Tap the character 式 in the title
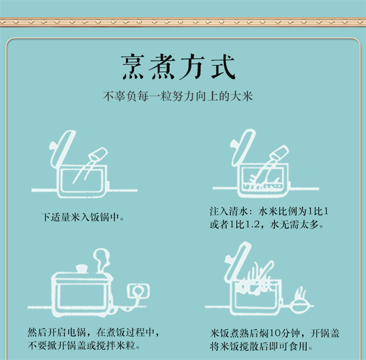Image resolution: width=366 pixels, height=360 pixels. [x=223, y=67]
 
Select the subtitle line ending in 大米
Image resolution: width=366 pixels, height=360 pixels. [x=178, y=96]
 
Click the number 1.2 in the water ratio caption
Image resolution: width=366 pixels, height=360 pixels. [x=253, y=225]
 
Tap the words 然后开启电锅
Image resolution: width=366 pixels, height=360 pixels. [x=57, y=332]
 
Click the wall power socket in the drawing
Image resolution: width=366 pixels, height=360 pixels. [x=138, y=292]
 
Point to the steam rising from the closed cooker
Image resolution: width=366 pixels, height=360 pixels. [x=102, y=258]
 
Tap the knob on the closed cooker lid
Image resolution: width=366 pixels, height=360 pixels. [x=81, y=268]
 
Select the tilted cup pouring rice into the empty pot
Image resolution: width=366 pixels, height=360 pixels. [x=98, y=154]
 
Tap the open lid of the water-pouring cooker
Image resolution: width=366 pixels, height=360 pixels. [x=243, y=147]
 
